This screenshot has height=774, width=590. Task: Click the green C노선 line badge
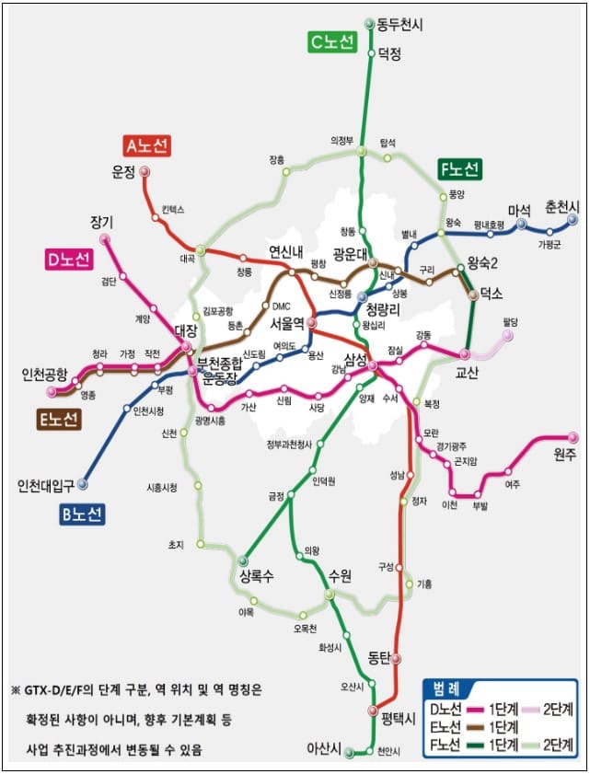[331, 42]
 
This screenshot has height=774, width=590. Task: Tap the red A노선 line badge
[146, 145]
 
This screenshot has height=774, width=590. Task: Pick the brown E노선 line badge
[58, 419]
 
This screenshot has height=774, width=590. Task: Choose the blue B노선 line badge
[83, 514]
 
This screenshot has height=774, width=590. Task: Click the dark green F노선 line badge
[459, 169]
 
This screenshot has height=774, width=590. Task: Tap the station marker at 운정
[145, 172]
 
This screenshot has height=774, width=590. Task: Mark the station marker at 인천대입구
[83, 482]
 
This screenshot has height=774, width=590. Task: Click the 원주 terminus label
[563, 454]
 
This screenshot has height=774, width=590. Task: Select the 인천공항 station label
[44, 375]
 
